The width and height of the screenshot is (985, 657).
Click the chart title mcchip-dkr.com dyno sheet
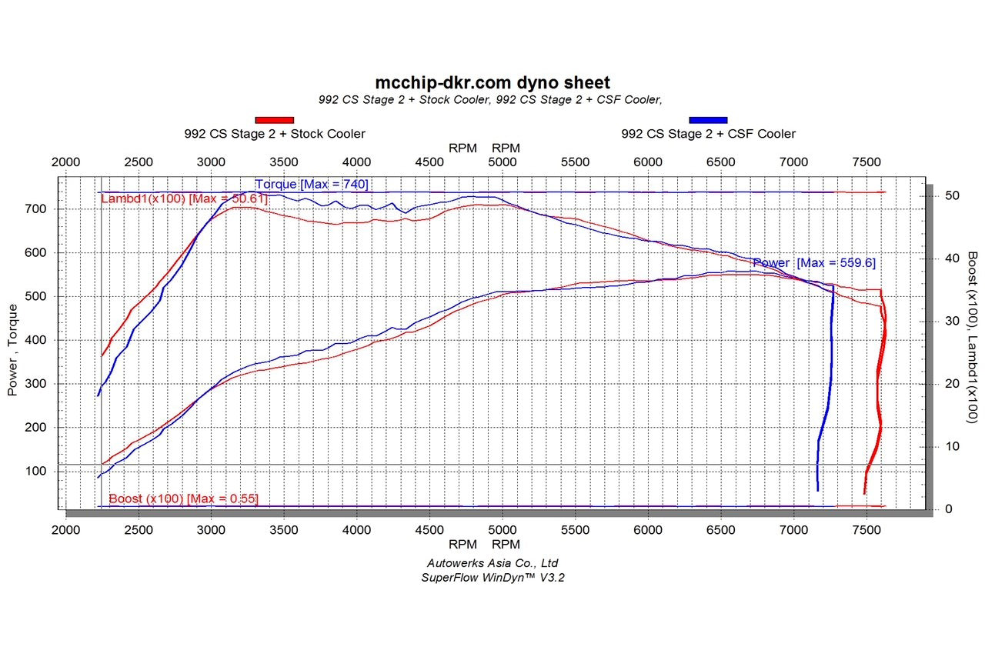(x=492, y=82)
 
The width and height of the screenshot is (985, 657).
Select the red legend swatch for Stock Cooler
(x=275, y=119)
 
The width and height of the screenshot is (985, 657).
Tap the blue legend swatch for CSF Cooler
(x=708, y=119)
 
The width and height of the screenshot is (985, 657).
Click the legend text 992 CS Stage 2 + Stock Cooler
(x=275, y=134)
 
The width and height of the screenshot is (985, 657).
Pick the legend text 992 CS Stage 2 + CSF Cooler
(x=708, y=134)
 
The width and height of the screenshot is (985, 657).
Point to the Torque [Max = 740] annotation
(x=312, y=184)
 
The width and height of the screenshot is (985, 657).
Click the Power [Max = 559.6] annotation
(x=813, y=263)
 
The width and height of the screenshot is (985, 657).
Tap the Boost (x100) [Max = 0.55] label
(x=183, y=499)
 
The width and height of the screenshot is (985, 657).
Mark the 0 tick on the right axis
(x=949, y=509)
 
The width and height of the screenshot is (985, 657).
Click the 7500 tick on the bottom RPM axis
(x=867, y=530)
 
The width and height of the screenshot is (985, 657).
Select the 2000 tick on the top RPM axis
(x=65, y=162)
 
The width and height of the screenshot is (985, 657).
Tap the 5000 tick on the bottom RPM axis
(x=503, y=530)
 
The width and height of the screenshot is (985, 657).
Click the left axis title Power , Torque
(x=12, y=350)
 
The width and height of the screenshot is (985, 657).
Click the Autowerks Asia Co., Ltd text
(x=492, y=563)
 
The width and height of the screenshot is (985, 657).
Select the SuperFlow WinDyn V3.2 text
(x=492, y=577)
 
